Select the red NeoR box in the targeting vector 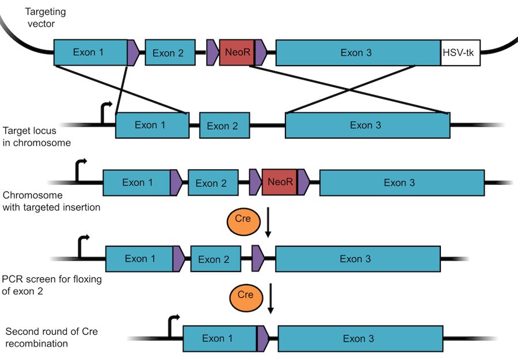point(237,53)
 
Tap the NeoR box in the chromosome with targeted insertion point(280,183)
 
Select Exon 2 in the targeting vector point(168,53)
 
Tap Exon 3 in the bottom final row point(358,338)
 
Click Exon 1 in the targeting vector point(90,52)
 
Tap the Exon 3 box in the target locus point(368,125)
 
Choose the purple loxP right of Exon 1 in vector point(132,52)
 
